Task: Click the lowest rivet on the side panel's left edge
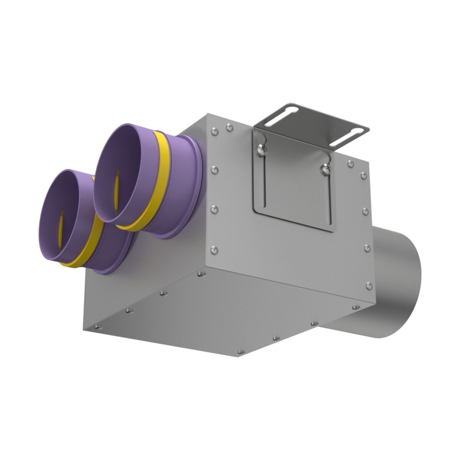214,250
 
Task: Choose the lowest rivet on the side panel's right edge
369,285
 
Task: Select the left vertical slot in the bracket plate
264,180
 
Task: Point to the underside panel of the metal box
215,314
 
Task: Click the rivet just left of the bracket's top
229,127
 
